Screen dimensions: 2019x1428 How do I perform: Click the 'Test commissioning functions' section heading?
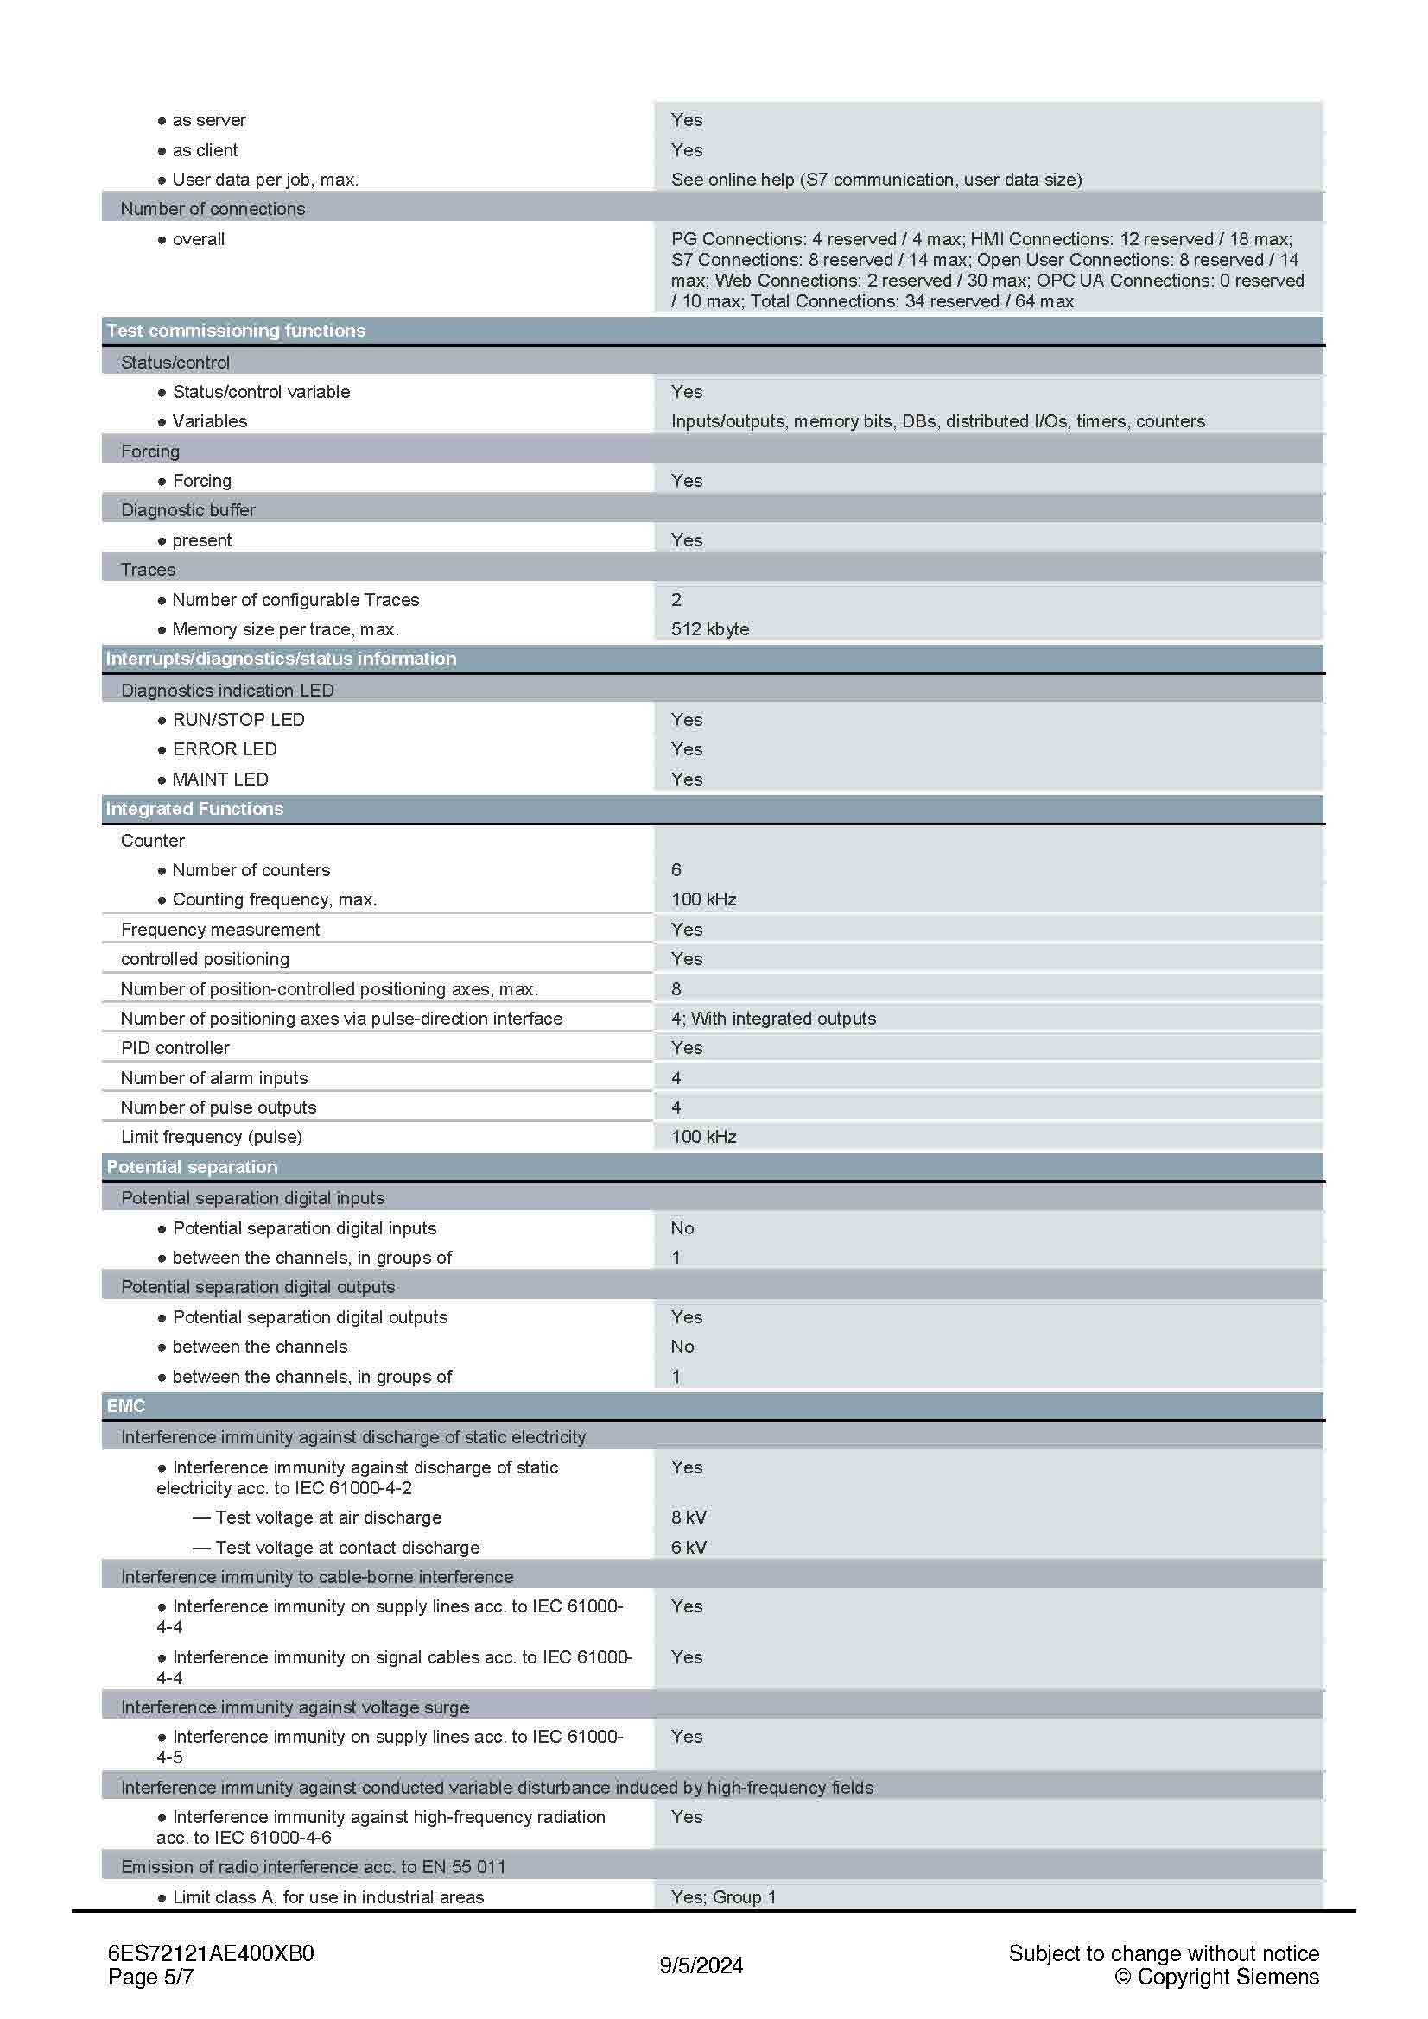(235, 331)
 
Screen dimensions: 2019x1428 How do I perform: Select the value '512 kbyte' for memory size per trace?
(709, 628)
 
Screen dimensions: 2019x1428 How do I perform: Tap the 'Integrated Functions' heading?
(194, 809)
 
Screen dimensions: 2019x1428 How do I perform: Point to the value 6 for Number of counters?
(676, 870)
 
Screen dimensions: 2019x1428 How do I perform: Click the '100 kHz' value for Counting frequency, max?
(703, 899)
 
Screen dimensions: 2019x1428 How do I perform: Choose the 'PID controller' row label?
(175, 1048)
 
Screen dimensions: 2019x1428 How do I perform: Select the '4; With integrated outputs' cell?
(772, 1019)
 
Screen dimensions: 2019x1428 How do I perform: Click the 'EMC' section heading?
(126, 1406)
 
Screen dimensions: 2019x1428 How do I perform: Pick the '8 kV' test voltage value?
(688, 1517)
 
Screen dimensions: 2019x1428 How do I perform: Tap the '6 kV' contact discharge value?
(688, 1547)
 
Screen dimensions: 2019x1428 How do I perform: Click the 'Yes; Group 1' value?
(723, 1896)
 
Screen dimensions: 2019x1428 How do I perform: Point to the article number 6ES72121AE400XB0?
(210, 1953)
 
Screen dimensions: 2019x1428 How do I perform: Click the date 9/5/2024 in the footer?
(701, 1965)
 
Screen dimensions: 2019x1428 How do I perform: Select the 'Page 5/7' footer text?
(150, 1977)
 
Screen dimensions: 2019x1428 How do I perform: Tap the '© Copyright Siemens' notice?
(1216, 1977)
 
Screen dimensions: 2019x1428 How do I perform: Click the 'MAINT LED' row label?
(220, 779)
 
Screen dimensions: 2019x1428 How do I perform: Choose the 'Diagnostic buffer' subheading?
(188, 510)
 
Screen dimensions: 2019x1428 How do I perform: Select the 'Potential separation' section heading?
(192, 1167)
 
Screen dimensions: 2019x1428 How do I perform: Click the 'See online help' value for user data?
(875, 180)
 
